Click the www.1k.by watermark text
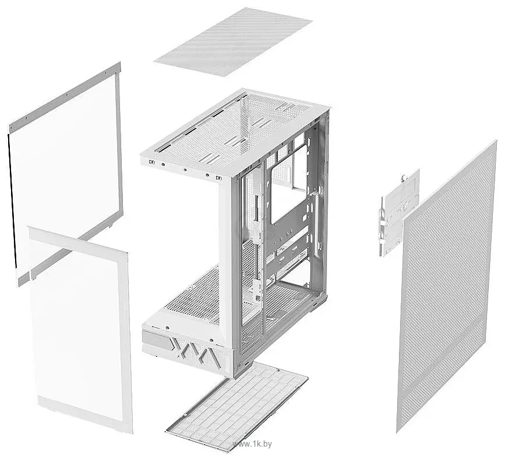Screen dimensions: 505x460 (x=252, y=444)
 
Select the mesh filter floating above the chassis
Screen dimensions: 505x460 (x=233, y=42)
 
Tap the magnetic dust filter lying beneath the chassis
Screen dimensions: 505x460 (x=237, y=407)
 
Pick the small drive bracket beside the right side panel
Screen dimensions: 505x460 (x=399, y=213)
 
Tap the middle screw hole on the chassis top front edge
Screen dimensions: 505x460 (x=185, y=169)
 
